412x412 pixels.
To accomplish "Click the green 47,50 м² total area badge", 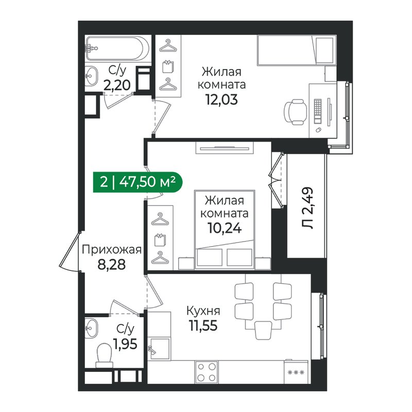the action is (138, 182).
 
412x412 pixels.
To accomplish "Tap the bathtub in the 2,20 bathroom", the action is (118, 48).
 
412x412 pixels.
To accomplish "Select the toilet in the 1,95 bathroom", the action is (104, 355).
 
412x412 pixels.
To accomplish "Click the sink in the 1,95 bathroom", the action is (91, 328).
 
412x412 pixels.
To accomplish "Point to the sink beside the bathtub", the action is (91, 76).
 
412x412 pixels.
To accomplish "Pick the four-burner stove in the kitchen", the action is (207, 372).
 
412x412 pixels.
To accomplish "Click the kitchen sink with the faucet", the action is (159, 349).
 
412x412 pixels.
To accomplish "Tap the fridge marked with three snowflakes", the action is (296, 372).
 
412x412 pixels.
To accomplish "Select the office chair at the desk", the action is (296, 112).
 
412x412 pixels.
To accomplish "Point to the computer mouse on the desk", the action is (318, 130).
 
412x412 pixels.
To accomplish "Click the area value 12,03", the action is (221, 100).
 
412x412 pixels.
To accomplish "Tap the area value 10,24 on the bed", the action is (225, 228).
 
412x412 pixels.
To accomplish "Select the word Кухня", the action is (203, 311).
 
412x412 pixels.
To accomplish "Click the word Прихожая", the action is (112, 250).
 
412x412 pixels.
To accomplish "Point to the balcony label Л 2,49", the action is (307, 208).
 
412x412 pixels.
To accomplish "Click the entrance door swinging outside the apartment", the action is (70, 251).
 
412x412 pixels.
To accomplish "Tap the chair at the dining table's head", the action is (263, 330).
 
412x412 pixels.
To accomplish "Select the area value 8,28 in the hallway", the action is (111, 265).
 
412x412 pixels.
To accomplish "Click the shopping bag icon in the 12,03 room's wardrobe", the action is (168, 66).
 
